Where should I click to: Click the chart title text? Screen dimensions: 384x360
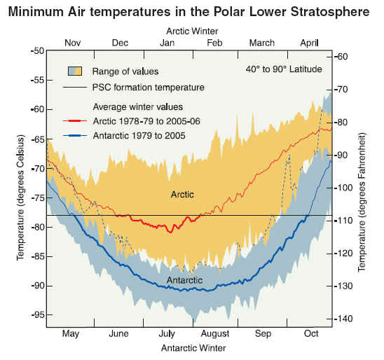[188, 11]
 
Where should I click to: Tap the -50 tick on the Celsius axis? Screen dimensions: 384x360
[37, 51]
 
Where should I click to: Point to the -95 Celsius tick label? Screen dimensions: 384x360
[39, 315]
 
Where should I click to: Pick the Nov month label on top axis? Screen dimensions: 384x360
[72, 43]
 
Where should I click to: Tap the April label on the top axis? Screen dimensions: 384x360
[309, 43]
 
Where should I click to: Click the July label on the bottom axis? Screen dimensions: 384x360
[167, 333]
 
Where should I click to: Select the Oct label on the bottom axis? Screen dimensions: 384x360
[311, 333]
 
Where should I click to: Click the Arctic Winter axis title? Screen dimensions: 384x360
[192, 31]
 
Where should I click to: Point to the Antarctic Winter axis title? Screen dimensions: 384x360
[193, 348]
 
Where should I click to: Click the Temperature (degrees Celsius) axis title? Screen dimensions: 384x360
[21, 198]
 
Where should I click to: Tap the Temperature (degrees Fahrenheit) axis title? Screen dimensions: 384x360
[362, 202]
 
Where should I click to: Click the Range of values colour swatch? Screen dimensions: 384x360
[75, 71]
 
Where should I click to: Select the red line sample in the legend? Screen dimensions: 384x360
[75, 121]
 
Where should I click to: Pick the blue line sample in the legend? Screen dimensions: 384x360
[75, 136]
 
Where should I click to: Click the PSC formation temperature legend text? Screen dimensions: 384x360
[148, 88]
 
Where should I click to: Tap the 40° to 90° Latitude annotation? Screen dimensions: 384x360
[284, 69]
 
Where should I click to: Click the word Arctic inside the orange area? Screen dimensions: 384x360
[182, 195]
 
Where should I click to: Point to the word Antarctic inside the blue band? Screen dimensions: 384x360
[185, 280]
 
